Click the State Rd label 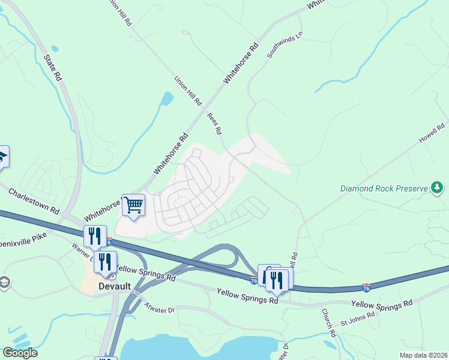pos(53,68)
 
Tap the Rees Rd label pos(215,123)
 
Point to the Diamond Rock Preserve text pos(384,188)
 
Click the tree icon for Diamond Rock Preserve pos(438,188)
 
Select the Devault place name pos(114,287)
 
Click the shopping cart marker pos(133,205)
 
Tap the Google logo pos(20,353)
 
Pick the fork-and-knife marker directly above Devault pos(106,262)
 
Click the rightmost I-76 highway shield pos(366,288)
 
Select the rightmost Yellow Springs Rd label pos(382,304)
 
